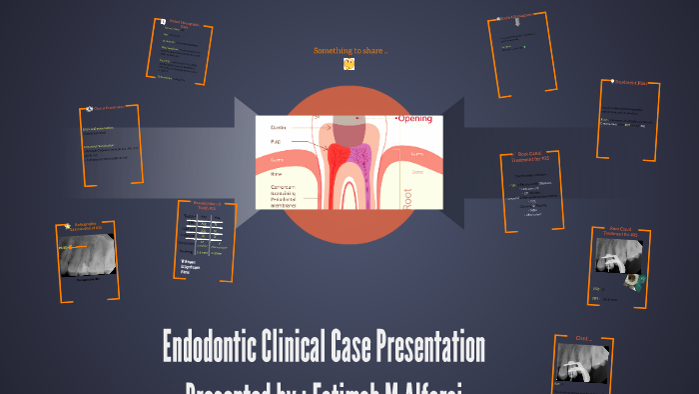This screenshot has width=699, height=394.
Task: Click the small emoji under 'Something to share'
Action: pyautogui.click(x=349, y=64)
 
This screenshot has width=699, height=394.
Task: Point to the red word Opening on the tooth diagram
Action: pyautogui.click(x=414, y=119)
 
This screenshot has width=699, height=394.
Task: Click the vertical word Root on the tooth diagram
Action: pyautogui.click(x=405, y=191)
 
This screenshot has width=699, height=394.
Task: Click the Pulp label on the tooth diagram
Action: pyautogui.click(x=275, y=142)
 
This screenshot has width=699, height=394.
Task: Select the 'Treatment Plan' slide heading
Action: pyautogui.click(x=630, y=84)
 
